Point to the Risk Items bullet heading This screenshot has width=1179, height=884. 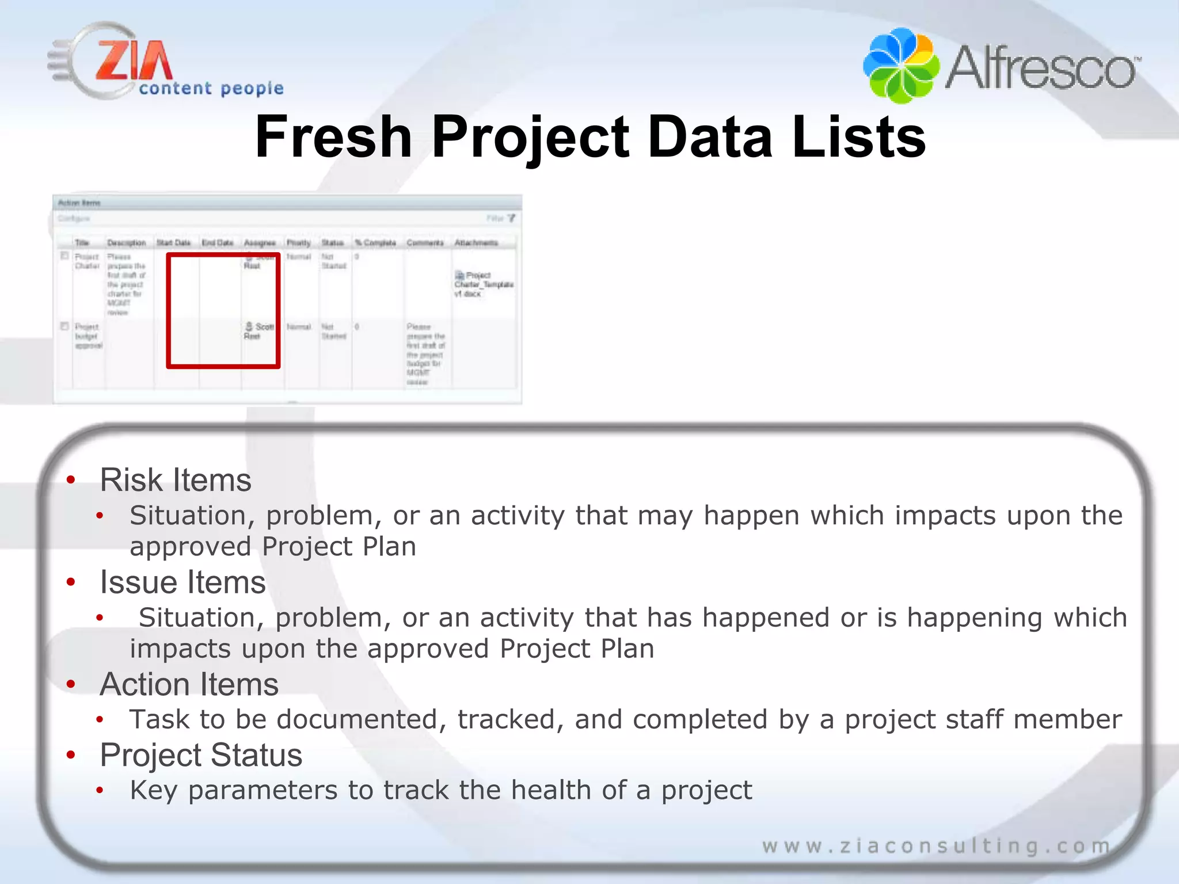(176, 480)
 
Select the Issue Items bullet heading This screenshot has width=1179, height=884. (182, 582)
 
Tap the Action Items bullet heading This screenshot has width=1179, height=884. (189, 684)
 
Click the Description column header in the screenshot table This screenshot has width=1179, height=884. (127, 243)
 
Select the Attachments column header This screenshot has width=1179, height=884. (476, 243)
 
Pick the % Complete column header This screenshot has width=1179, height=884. (375, 243)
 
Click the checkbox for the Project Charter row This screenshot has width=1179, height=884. (65, 256)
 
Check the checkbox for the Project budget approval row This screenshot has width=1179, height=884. (65, 326)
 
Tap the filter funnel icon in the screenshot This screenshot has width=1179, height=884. (511, 218)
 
